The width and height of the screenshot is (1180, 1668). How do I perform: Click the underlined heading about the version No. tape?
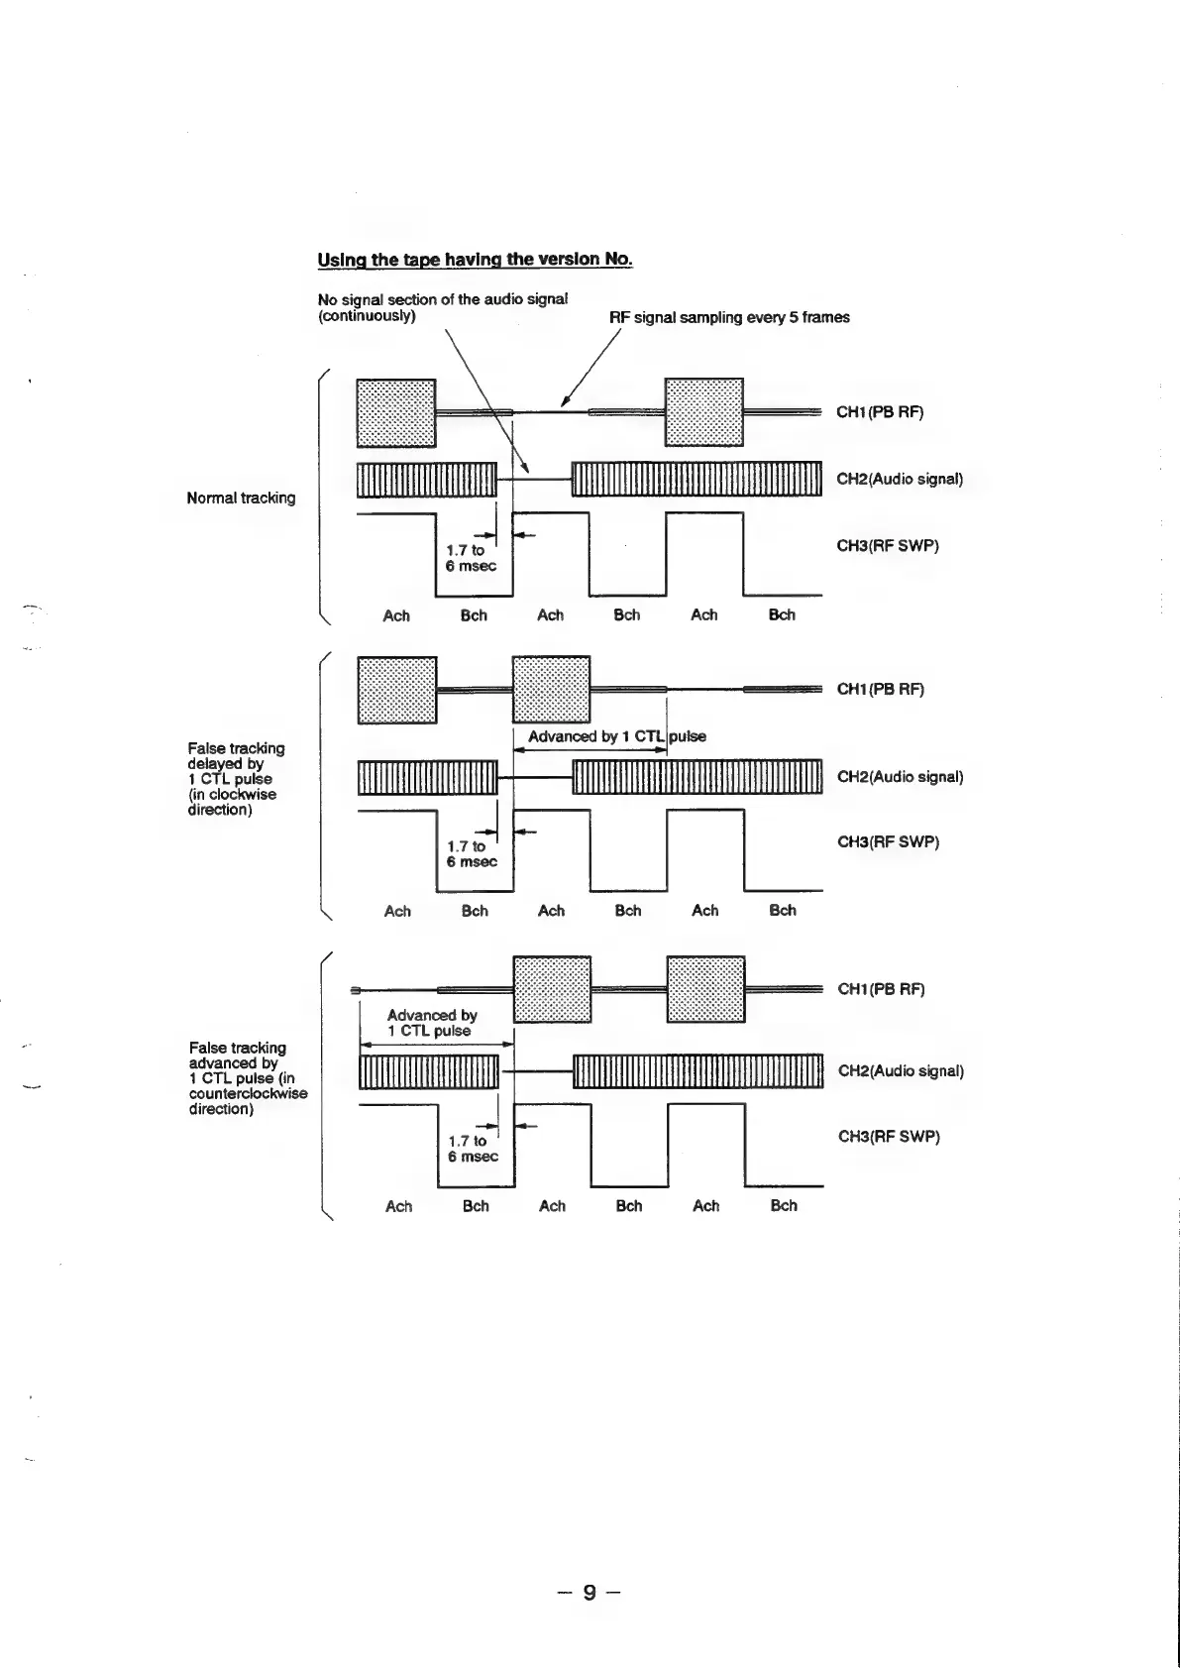(x=475, y=260)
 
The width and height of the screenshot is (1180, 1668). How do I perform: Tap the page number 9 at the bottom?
(x=589, y=1593)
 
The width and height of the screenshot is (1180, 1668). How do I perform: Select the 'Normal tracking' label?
(x=241, y=498)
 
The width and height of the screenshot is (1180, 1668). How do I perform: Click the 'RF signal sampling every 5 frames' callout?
(x=729, y=317)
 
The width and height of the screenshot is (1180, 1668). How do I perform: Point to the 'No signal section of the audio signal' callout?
(x=442, y=307)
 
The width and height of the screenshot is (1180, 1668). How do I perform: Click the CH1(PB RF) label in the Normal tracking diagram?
(x=880, y=412)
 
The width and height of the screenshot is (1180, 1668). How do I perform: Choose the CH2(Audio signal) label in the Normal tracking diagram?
(x=900, y=479)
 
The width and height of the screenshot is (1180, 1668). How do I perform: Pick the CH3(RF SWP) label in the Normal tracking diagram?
(x=888, y=545)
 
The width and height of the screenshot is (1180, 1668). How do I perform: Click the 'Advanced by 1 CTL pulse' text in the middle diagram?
(x=616, y=736)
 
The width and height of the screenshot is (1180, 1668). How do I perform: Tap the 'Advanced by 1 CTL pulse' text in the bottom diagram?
(x=432, y=1023)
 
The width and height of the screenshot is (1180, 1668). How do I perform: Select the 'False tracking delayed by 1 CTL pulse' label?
(x=236, y=778)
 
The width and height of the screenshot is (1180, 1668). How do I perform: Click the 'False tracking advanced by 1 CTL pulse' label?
(x=248, y=1077)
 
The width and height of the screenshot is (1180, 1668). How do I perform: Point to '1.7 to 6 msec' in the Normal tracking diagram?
(x=471, y=557)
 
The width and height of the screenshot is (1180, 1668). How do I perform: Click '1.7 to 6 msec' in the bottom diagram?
(x=473, y=1149)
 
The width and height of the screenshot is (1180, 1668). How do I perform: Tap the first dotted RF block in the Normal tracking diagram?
(x=395, y=412)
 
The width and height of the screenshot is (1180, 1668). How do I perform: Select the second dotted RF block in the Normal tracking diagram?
(x=703, y=412)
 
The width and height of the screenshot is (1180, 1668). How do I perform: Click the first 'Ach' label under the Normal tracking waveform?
(x=396, y=615)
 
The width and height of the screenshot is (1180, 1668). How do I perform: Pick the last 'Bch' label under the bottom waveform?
(x=783, y=1206)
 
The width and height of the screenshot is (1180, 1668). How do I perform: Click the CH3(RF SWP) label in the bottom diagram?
(x=889, y=1136)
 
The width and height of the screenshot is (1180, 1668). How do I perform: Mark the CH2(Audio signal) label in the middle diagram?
(x=900, y=776)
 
